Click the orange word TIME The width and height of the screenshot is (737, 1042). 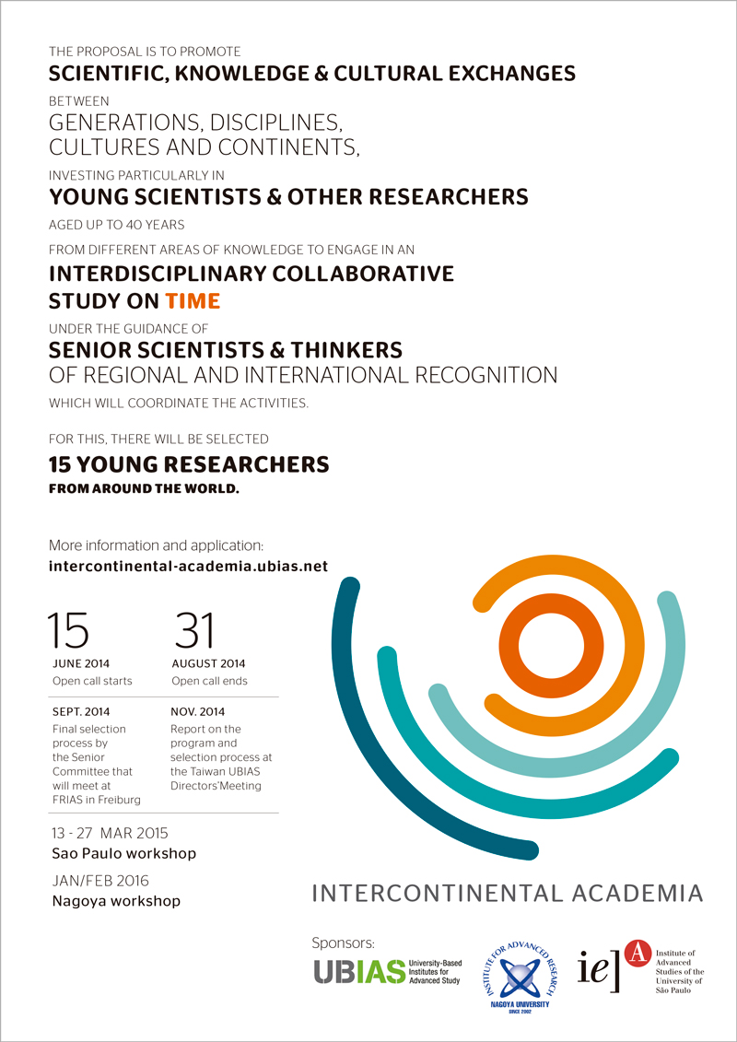click(193, 300)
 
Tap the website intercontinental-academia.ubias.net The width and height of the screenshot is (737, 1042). click(188, 566)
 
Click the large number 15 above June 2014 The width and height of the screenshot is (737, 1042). click(69, 630)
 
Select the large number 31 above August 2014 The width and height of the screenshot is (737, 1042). click(193, 630)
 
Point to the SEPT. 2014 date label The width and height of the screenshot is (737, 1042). click(78, 711)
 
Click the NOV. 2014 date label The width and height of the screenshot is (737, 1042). click(197, 711)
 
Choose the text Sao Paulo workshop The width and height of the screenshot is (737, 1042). click(123, 853)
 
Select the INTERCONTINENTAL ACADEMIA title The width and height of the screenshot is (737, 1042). click(508, 893)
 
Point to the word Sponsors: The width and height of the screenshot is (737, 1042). click(344, 942)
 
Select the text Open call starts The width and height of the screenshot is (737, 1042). click(92, 681)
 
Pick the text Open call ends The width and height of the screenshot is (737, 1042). click(209, 681)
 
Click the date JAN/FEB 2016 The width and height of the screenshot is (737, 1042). click(101, 881)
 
